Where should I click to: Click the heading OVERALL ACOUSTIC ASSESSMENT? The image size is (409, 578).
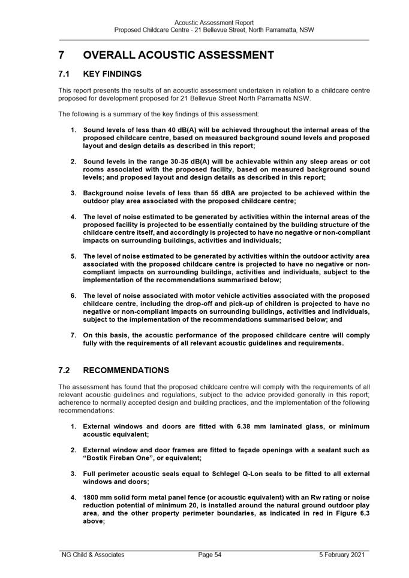click(x=178, y=55)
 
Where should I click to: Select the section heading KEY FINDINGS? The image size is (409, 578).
click(x=112, y=74)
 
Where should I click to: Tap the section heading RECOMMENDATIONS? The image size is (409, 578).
click(x=126, y=370)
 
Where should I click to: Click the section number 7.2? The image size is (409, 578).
click(x=65, y=370)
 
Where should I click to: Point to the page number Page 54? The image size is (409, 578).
click(x=210, y=555)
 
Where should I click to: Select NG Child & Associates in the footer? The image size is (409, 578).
click(x=93, y=555)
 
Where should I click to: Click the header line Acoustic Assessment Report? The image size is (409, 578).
click(x=213, y=23)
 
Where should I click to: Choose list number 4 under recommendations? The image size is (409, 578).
click(x=73, y=497)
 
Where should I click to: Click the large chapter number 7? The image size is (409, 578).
click(x=62, y=55)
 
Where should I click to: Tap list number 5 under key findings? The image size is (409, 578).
click(x=73, y=256)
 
